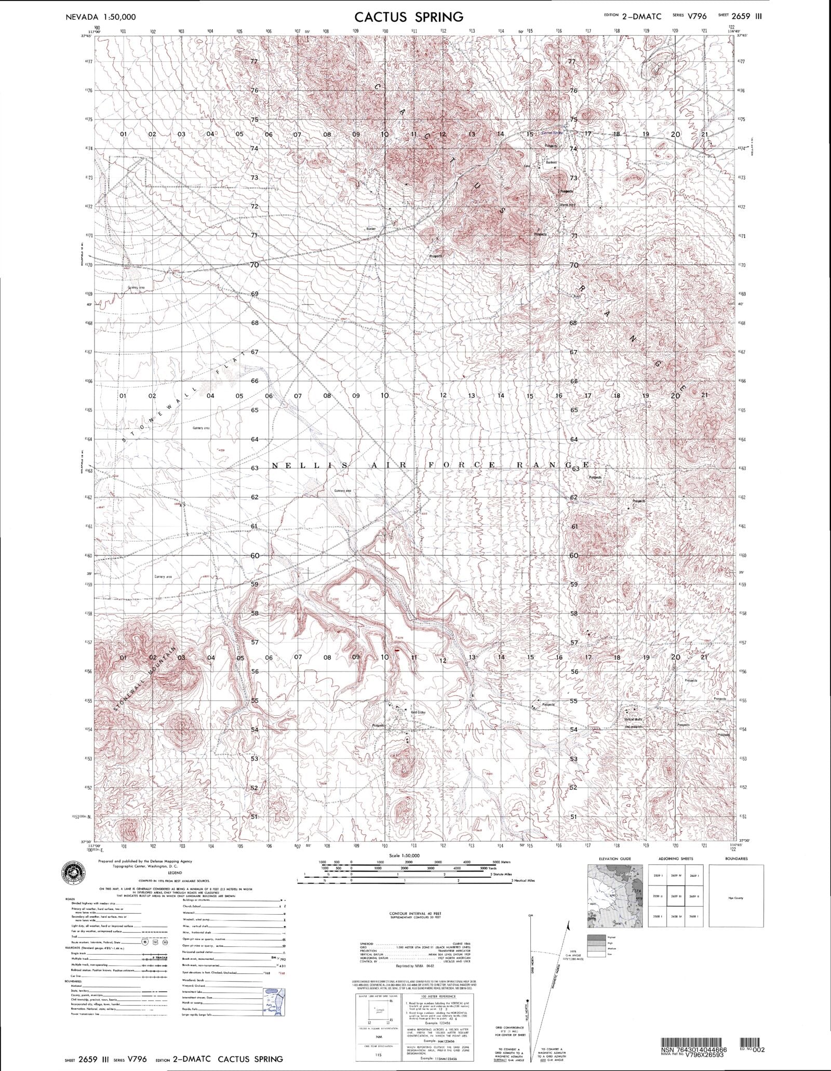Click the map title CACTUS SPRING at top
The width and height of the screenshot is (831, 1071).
[409, 17]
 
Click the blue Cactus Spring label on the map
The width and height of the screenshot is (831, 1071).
[551, 133]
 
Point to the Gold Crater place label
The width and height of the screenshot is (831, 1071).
[418, 713]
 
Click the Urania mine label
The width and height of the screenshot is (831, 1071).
[567, 205]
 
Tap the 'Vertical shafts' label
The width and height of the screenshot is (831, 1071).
[633, 719]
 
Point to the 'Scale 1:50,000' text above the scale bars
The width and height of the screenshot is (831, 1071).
[404, 855]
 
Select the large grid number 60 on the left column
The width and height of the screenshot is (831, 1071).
[254, 555]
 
